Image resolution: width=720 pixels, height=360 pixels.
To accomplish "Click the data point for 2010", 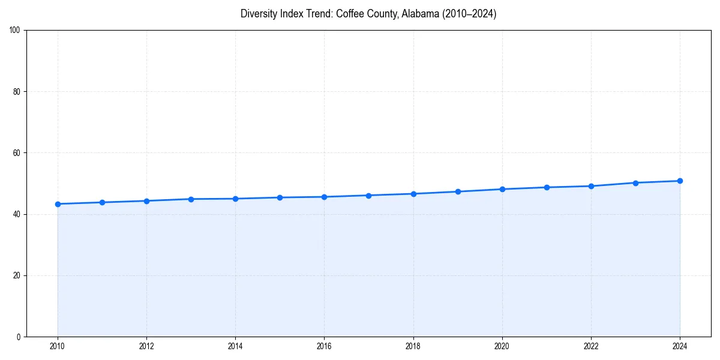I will pos(58,204).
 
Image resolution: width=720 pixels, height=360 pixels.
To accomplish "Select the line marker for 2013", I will pos(191,199).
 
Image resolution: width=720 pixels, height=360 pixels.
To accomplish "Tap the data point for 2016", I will pos(324,197).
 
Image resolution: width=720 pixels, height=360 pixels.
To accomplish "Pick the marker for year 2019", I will pos(458,191).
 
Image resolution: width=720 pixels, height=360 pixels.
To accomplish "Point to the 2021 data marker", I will pos(547,187).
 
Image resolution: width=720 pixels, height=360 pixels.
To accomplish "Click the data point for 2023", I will pos(635,183).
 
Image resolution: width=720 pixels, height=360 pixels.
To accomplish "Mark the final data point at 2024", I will pos(680,181).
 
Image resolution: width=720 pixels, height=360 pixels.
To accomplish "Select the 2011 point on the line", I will pos(102,202).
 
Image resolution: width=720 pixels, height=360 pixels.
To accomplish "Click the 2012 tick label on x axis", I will pos(146,346).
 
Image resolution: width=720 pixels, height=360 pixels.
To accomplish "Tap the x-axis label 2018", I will pos(413,346).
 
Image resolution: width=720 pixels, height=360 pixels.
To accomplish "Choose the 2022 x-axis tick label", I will pos(591,346).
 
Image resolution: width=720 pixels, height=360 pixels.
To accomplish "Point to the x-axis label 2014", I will pos(235,346).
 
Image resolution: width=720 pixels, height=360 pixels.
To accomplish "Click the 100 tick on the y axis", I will pos(15,31).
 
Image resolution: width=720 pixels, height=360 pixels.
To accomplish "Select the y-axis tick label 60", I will pos(17,153).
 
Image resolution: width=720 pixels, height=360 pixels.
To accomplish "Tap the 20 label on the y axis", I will pos(17,275).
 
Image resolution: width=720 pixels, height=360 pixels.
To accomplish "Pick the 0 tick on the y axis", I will pos(19,337).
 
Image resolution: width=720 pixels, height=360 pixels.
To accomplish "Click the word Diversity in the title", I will pos(257,14).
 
